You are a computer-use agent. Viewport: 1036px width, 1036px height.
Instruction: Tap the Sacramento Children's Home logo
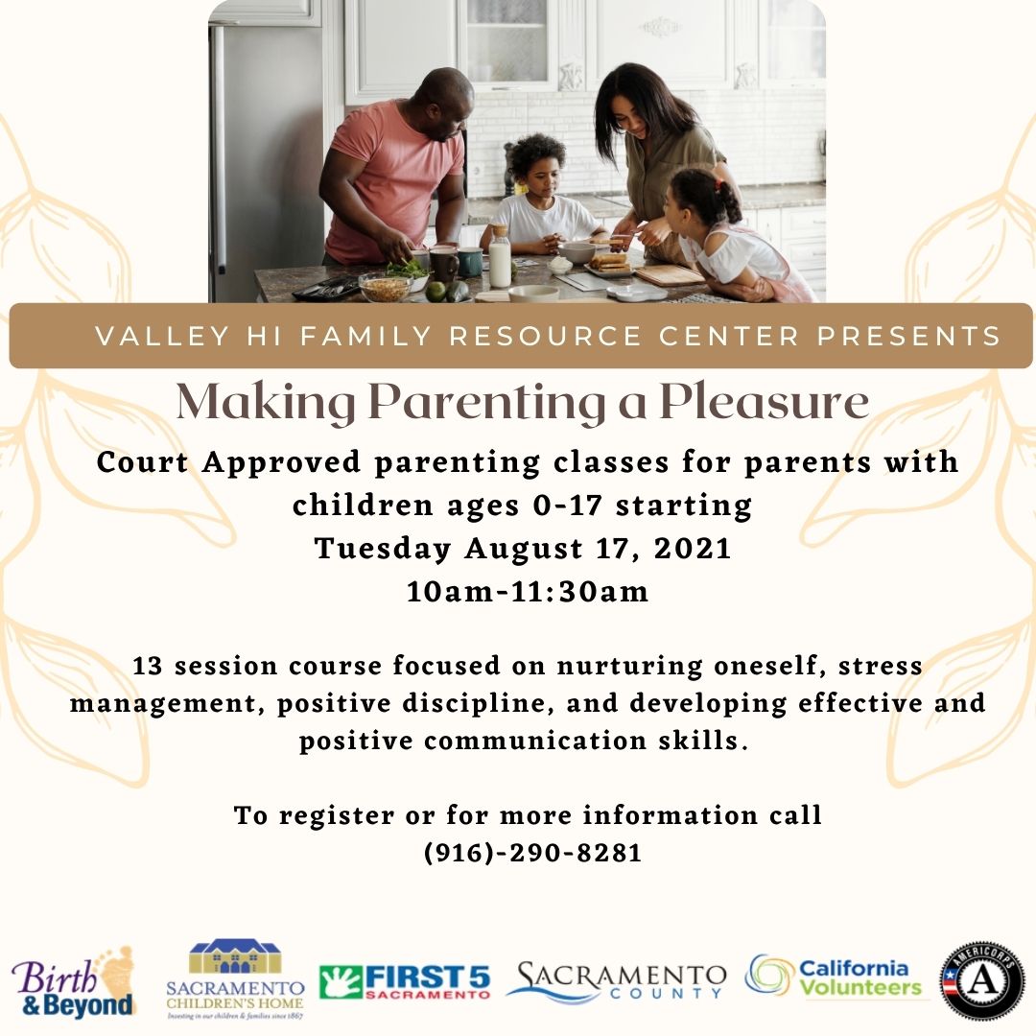click(x=235, y=978)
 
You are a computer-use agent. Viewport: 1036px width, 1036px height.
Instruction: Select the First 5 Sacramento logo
click(x=405, y=982)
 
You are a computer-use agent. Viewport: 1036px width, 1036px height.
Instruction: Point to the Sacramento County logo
click(x=616, y=981)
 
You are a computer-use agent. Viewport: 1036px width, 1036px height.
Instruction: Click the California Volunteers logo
click(x=834, y=977)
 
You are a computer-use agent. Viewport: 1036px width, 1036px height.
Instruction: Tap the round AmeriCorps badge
click(x=982, y=981)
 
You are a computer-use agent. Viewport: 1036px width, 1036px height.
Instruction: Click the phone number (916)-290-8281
click(x=532, y=853)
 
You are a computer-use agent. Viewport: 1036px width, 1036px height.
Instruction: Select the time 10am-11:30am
click(x=528, y=591)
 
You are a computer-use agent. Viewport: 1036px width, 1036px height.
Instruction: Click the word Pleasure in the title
click(x=765, y=402)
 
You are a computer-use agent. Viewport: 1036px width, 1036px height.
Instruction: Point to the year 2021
click(x=693, y=549)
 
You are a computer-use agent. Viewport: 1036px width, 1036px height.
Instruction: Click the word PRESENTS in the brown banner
click(x=909, y=337)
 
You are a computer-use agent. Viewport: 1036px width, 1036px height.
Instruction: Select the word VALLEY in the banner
click(x=162, y=337)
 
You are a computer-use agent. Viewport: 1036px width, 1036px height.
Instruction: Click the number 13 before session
click(x=148, y=666)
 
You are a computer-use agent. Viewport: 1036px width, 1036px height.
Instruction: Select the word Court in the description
click(x=142, y=461)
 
